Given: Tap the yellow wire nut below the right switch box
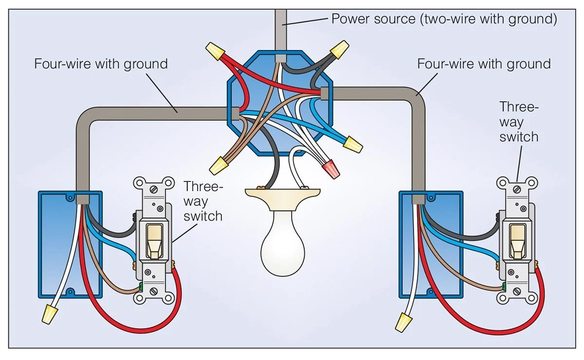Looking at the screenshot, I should (x=403, y=322).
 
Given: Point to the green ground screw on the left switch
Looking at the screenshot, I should (x=140, y=287).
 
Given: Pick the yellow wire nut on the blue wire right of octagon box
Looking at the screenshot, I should (x=353, y=144).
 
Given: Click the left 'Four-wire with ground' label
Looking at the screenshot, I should (x=101, y=64).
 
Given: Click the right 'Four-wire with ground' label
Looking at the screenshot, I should (x=484, y=64).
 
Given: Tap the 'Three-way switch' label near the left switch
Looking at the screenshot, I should (x=203, y=200).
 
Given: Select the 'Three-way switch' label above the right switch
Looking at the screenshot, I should (x=519, y=122).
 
